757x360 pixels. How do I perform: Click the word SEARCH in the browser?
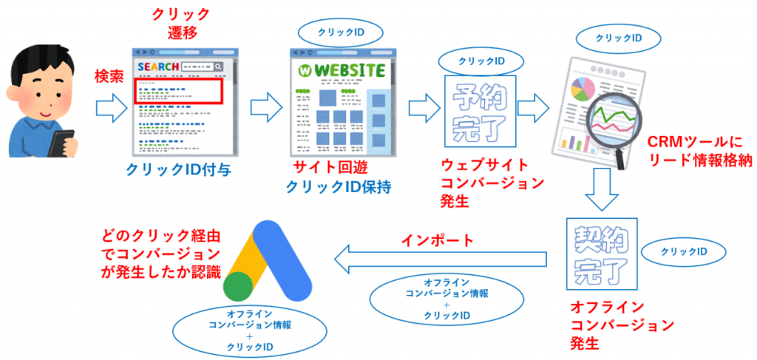point(158,67)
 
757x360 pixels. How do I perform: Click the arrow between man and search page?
point(110,109)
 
